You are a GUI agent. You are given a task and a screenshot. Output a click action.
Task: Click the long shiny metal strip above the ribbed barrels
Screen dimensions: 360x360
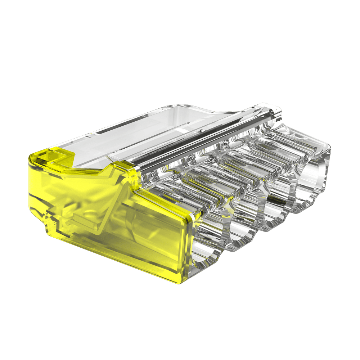[x=202, y=140]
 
